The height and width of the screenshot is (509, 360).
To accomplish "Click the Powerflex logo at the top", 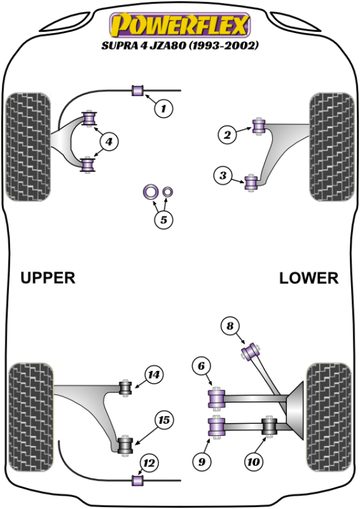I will click(x=178, y=26).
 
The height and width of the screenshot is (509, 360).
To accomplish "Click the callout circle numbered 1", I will click(x=163, y=109).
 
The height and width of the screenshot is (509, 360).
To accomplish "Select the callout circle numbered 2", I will click(x=227, y=135).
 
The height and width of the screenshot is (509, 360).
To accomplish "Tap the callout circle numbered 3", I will click(x=223, y=176).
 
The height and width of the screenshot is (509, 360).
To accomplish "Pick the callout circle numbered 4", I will click(x=109, y=142).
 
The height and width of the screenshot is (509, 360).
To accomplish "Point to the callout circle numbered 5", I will click(x=163, y=220).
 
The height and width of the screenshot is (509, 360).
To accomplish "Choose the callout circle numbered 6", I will click(x=202, y=365).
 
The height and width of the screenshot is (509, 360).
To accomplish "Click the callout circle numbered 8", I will click(x=229, y=327).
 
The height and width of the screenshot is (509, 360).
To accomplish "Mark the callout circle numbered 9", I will click(x=202, y=460).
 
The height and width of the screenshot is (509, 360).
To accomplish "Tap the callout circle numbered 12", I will click(x=149, y=463).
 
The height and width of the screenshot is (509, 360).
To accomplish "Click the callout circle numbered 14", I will click(x=154, y=375).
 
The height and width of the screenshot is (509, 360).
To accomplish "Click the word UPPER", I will click(x=48, y=278).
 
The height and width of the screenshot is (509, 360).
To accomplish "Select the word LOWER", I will click(x=309, y=278).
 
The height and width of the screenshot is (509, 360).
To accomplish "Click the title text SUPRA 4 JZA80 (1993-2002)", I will click(x=179, y=46).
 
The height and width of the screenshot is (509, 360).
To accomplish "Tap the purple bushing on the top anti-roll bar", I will click(x=138, y=91).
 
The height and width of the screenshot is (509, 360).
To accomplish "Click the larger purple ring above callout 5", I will click(x=149, y=192).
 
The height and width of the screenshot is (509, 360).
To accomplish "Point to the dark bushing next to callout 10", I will click(x=270, y=427).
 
